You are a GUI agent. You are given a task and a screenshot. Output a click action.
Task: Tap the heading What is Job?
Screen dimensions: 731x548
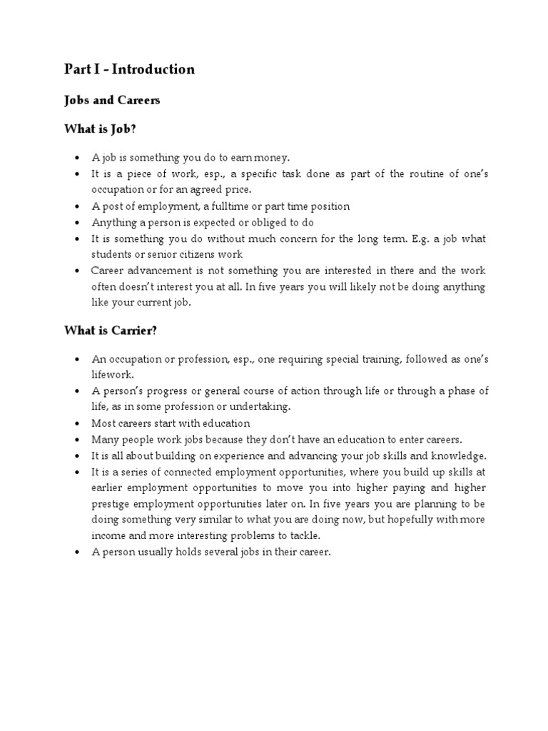100,129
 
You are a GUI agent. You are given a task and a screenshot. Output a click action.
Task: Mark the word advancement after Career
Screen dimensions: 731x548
162,271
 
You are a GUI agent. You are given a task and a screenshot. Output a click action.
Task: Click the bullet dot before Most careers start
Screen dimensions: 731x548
76,423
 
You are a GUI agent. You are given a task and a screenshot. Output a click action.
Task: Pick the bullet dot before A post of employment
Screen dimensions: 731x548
76,207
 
